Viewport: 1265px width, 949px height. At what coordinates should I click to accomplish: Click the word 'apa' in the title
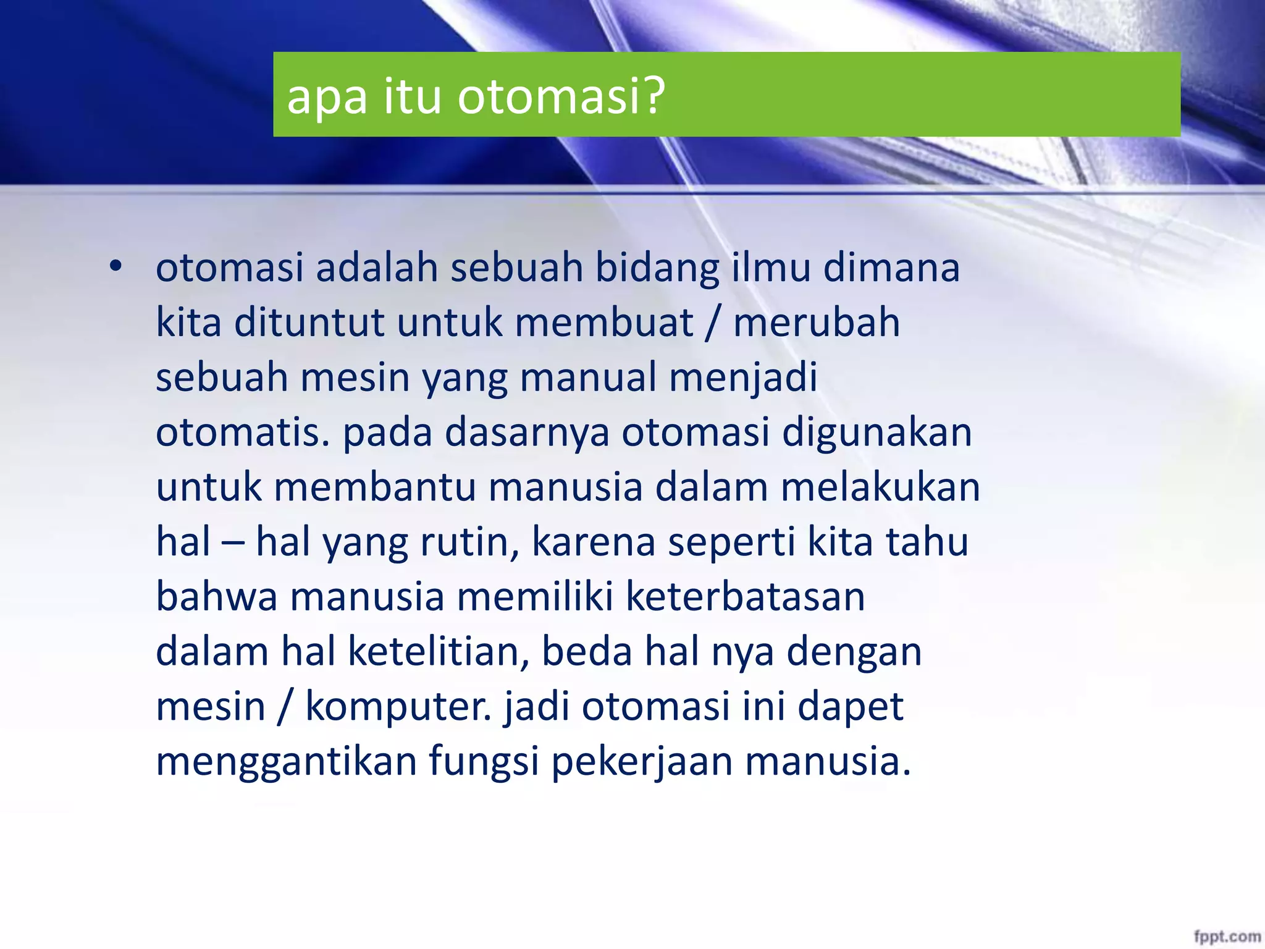click(327, 98)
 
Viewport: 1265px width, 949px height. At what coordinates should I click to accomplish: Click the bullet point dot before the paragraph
click(115, 268)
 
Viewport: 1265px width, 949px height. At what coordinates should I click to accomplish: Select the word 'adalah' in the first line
click(376, 268)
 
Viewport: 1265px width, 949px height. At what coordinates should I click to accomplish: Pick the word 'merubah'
click(817, 323)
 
